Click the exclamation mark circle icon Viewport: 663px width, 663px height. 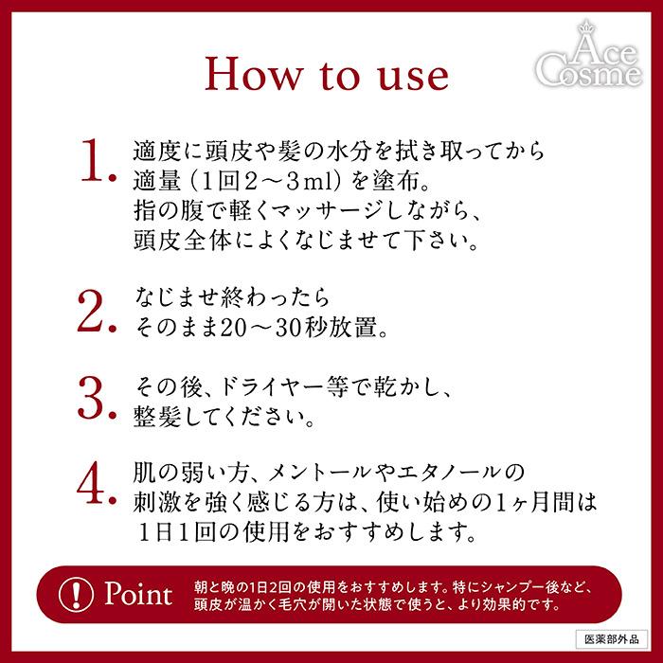74,594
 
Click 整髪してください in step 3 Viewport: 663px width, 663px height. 207,416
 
